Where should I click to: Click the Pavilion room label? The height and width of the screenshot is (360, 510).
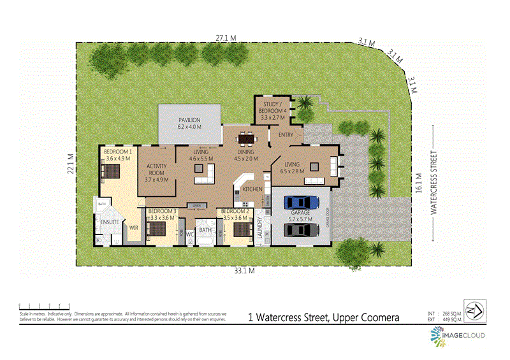coord(189,123)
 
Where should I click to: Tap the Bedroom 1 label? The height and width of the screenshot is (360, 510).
coord(119,155)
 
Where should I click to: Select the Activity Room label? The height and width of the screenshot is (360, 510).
coord(156,175)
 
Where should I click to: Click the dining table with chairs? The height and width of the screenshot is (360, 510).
coord(245,138)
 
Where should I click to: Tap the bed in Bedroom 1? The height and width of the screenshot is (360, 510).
coord(112,171)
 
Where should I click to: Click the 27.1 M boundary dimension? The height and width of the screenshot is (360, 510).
coord(222,38)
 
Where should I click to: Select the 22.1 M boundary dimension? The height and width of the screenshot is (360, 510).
coord(71,162)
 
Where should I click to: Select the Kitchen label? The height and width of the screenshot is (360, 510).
coord(252,189)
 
